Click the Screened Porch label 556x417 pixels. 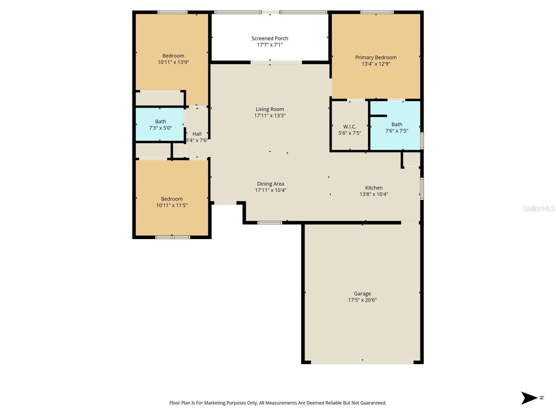tap(270, 38)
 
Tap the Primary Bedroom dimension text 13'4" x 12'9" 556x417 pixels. tap(376, 64)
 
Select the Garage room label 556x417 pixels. tap(362, 294)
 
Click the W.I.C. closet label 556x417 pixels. tap(350, 126)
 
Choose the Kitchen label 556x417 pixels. tap(374, 188)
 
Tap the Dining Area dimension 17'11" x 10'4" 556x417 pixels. tap(270, 190)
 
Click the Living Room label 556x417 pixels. tap(270, 109)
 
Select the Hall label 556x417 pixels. tap(197, 134)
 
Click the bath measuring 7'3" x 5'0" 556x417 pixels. tap(160, 124)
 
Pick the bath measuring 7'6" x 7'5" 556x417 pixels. tap(396, 127)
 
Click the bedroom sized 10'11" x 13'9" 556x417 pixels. tap(173, 59)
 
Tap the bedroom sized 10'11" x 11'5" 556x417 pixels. tap(172, 202)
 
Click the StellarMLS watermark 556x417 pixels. tap(539, 208)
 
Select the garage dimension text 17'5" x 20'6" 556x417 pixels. tap(362, 300)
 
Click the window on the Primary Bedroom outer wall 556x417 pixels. tap(377, 12)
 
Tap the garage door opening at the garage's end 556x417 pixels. tap(362, 362)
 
